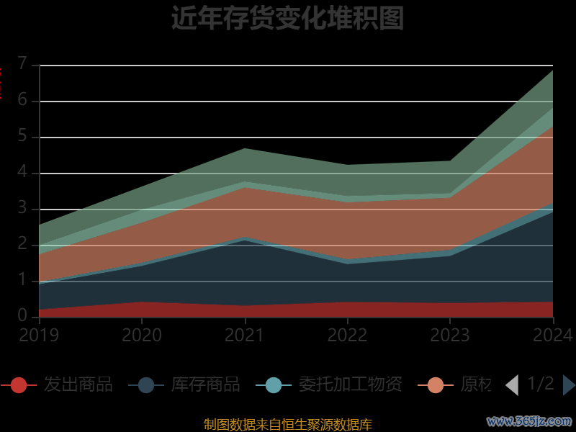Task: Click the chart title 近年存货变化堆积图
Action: pos(287,19)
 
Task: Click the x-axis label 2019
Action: pos(39,336)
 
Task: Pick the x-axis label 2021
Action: pos(245,336)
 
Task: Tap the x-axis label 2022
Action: pos(347,336)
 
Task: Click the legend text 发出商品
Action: pos(78,384)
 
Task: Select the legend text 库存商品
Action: pos(205,384)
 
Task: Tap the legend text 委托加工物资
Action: pos(350,384)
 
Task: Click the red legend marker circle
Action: pos(19,385)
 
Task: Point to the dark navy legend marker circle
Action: pos(146,385)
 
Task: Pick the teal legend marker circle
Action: pos(274,385)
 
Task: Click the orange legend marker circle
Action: pos(436,385)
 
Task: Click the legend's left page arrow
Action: pos(512,385)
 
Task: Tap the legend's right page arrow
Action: pos(568,385)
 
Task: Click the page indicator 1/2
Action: pos(541,384)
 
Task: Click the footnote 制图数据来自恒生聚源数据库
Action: pos(287,424)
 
